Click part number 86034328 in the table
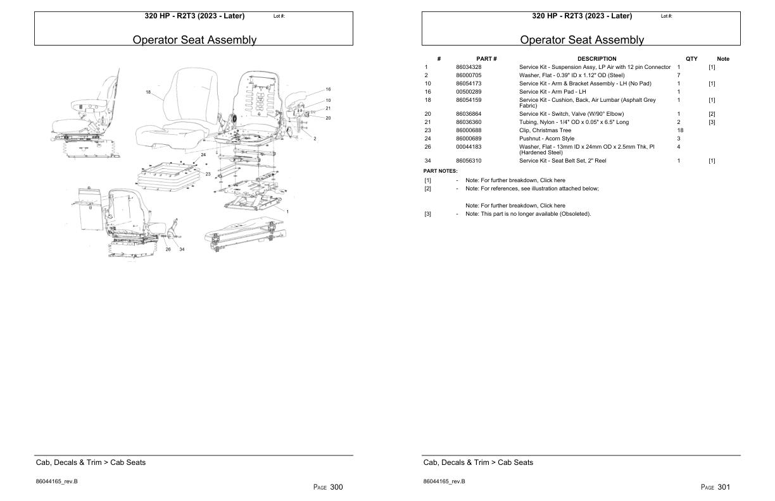pos(469,67)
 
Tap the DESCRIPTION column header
pos(596,59)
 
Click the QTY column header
pos(691,59)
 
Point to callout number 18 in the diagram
pos(148,92)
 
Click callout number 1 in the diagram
pos(287,211)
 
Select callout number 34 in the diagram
pos(182,249)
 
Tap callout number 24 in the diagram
pos(203,154)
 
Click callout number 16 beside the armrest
pos(328,89)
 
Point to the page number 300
pos(336,487)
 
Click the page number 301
pos(724,487)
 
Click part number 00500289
pos(469,92)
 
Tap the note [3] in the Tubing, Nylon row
pos(712,122)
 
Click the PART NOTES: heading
pos(440,171)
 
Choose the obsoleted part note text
pos(528,214)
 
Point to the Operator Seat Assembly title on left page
pos(194,40)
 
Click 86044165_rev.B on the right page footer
pos(444,481)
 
